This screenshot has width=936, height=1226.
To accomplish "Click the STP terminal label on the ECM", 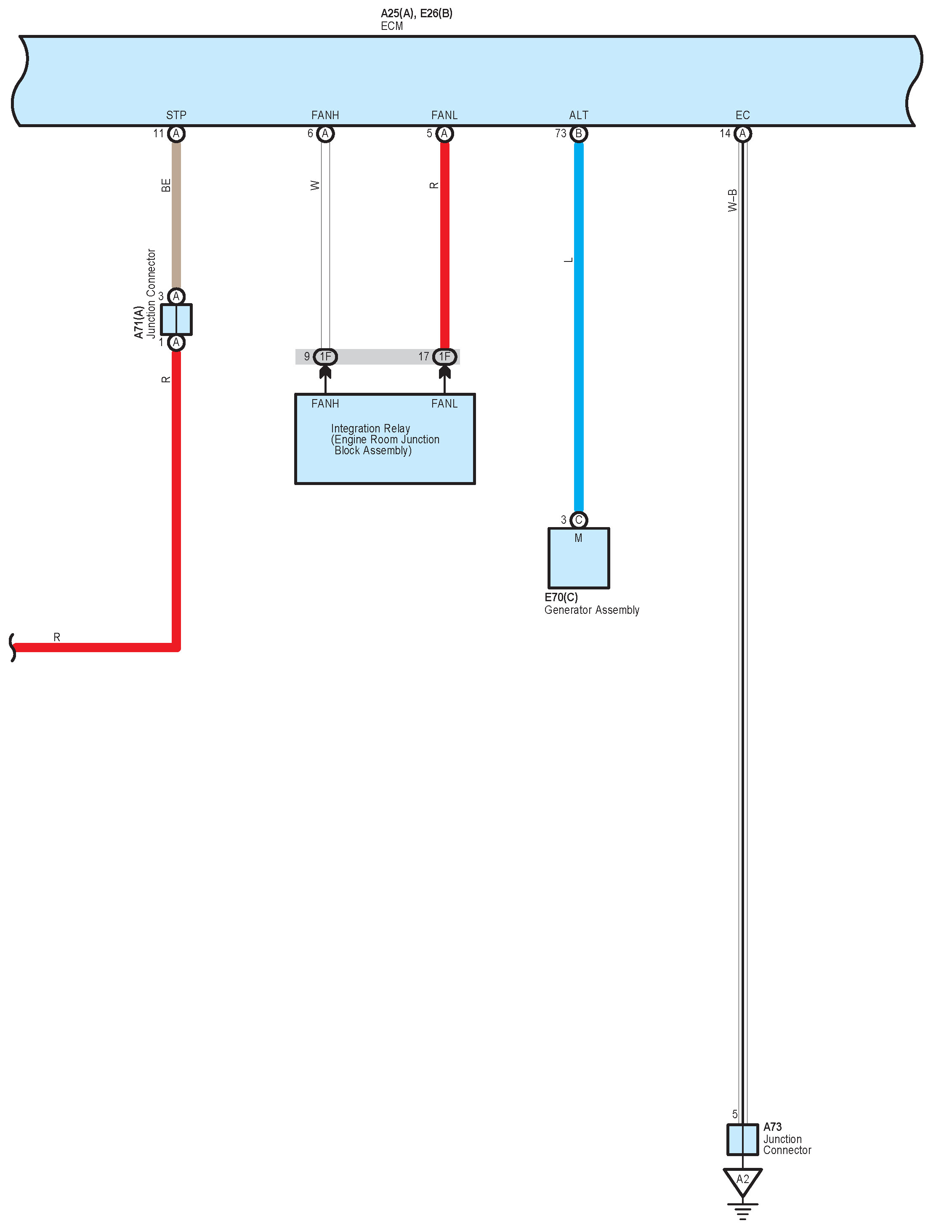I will [176, 115].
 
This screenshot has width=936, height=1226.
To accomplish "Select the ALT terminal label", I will [578, 115].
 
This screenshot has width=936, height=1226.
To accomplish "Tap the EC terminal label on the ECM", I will [742, 115].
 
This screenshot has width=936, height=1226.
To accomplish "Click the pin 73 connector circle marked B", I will [578, 134].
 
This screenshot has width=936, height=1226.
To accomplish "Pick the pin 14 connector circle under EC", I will [742, 134].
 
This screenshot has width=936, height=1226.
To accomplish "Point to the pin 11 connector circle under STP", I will [176, 134].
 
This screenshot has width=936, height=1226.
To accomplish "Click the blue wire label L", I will [568, 260].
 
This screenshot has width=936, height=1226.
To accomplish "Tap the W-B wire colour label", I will [732, 201].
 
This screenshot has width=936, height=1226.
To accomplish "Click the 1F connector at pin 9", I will [325, 357].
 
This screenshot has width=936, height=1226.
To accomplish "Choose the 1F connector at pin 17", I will [444, 357].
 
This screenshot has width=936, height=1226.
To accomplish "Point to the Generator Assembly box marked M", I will [578, 558].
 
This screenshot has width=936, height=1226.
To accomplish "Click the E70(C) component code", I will [561, 597].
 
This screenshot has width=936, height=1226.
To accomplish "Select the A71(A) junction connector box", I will [176, 319].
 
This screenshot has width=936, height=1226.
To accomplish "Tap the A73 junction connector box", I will [742, 1140].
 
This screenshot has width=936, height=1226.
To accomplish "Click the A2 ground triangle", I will [742, 1180].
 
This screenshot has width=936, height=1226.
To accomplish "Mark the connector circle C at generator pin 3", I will [578, 520].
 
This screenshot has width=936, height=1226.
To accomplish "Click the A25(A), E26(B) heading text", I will [416, 13].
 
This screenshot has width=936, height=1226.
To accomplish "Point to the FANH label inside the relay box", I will [325, 403].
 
